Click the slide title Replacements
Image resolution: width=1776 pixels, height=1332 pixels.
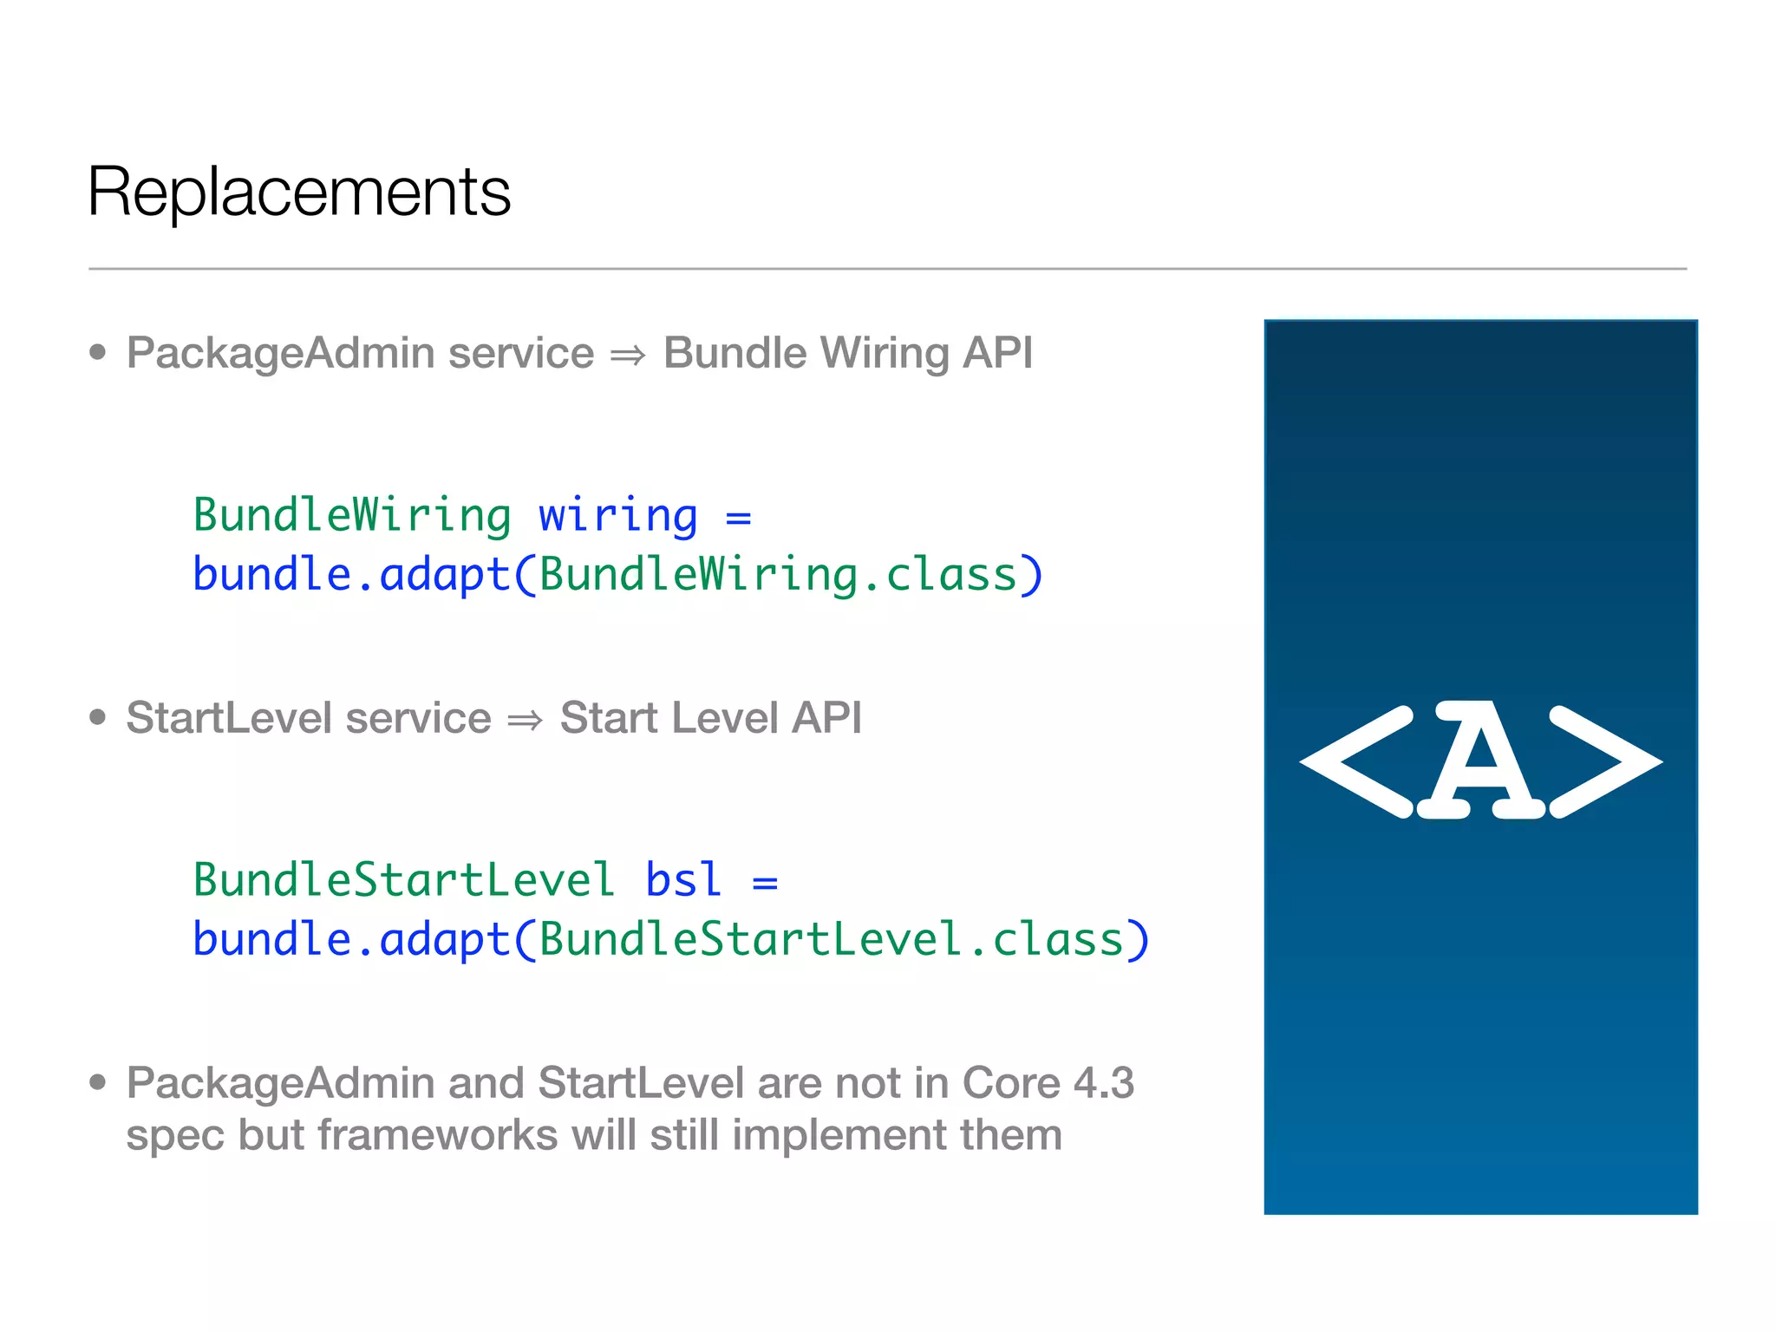(x=299, y=192)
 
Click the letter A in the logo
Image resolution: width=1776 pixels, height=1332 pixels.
(x=1481, y=760)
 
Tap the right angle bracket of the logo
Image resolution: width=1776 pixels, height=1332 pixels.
(x=1605, y=761)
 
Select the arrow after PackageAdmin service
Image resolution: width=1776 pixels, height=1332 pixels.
(x=628, y=355)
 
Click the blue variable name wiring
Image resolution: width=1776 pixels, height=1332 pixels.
(x=617, y=516)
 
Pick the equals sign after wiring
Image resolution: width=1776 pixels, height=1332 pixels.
(x=738, y=518)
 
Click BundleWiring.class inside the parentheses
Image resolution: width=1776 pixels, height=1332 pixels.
(x=778, y=575)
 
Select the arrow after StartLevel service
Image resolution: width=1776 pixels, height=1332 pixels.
(x=525, y=720)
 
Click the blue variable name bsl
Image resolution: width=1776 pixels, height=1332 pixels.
(x=683, y=880)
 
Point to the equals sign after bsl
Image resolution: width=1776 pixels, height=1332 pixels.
(x=765, y=883)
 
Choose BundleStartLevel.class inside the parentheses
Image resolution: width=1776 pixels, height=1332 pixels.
(x=832, y=940)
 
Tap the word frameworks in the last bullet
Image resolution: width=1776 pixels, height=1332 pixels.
(x=436, y=1135)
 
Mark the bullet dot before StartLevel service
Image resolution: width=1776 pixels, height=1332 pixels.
(x=98, y=718)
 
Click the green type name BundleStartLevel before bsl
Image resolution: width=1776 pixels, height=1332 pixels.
(x=404, y=880)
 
